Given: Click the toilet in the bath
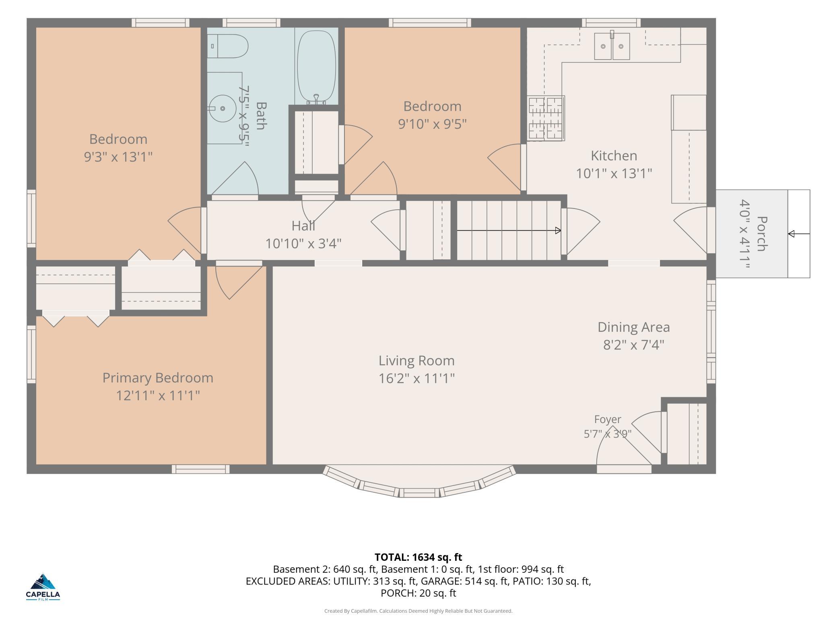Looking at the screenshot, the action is click(228, 46).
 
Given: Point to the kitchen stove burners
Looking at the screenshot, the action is click(546, 118).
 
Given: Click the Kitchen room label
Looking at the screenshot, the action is click(614, 155).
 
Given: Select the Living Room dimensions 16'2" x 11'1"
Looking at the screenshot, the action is click(416, 378).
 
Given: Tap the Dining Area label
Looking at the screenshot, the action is click(633, 327).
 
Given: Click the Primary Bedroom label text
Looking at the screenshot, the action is click(158, 378).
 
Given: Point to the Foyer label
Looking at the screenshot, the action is click(608, 419).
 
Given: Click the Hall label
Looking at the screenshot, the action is click(303, 226).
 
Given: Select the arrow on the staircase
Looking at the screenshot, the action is click(509, 231).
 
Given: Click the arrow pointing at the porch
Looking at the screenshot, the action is click(799, 234).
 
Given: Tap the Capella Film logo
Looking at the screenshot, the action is click(43, 587).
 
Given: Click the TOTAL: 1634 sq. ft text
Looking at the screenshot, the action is click(418, 557).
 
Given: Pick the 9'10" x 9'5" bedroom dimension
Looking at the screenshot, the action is click(433, 124).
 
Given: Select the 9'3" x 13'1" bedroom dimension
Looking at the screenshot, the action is click(118, 157).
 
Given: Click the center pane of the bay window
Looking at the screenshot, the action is click(419, 492).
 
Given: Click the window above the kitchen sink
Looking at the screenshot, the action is click(611, 23).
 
